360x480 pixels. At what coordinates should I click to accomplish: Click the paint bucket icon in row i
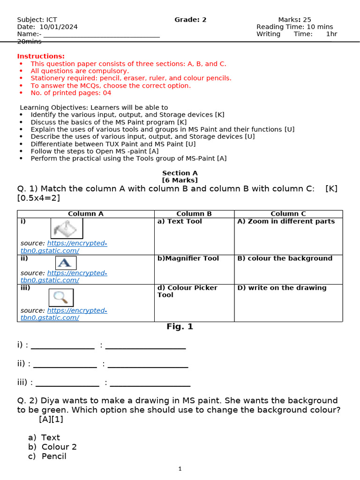(67, 229)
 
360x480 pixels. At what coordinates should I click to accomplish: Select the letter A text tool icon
(66, 263)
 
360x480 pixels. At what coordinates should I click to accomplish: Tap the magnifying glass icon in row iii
(61, 297)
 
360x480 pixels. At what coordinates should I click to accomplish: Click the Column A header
(86, 214)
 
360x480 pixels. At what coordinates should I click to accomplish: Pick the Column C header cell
(288, 214)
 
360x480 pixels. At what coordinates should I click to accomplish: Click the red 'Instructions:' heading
(41, 56)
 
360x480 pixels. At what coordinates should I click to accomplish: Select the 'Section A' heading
(180, 173)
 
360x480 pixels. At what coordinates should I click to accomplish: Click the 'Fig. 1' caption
(180, 327)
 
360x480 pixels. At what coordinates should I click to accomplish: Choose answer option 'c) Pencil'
(47, 456)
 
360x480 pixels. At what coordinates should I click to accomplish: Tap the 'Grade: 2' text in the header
(190, 20)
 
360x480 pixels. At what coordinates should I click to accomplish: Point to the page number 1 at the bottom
(180, 468)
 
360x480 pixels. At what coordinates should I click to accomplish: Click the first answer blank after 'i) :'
(62, 346)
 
